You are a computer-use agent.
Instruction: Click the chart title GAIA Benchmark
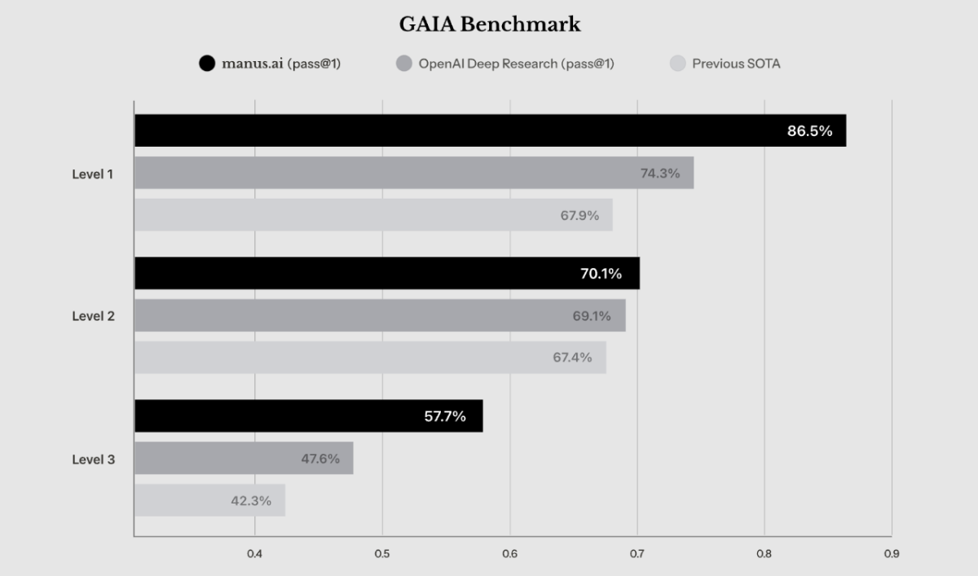pyautogui.click(x=490, y=24)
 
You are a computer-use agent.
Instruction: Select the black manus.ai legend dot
pyautogui.click(x=207, y=64)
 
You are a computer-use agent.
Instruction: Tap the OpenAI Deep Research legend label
pyautogui.click(x=517, y=64)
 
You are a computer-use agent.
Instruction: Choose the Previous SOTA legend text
pyautogui.click(x=736, y=64)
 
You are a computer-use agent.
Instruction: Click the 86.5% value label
pyautogui.click(x=810, y=131)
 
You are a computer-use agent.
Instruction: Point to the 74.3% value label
pyautogui.click(x=660, y=174)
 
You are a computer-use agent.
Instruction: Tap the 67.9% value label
pyautogui.click(x=579, y=215)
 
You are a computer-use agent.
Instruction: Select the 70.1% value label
pyautogui.click(x=601, y=274)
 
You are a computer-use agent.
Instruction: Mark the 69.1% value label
pyautogui.click(x=592, y=315)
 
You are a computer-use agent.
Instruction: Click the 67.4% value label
pyautogui.click(x=572, y=358)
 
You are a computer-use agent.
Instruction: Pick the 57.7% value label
pyautogui.click(x=445, y=416)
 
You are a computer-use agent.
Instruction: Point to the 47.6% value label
pyautogui.click(x=320, y=458)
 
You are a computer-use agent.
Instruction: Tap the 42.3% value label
pyautogui.click(x=251, y=500)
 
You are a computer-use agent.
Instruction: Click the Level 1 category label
pyautogui.click(x=93, y=174)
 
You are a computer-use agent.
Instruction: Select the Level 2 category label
pyautogui.click(x=94, y=316)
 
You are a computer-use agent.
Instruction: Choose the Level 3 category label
pyautogui.click(x=94, y=459)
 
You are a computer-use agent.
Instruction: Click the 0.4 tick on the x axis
pyautogui.click(x=254, y=554)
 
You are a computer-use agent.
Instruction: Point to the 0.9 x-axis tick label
pyautogui.click(x=892, y=554)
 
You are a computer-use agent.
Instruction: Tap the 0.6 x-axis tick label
pyautogui.click(x=509, y=554)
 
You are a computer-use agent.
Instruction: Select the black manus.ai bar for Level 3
pyautogui.click(x=309, y=416)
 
